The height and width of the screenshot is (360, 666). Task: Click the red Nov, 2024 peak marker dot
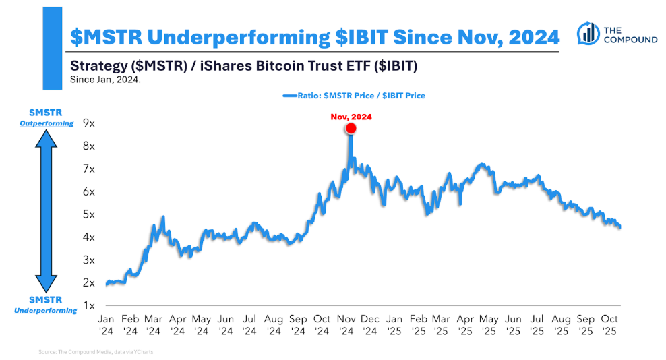[351, 129]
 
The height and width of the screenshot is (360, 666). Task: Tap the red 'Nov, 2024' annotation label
[351, 117]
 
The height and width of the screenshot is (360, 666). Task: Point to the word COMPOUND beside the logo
[630, 40]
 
